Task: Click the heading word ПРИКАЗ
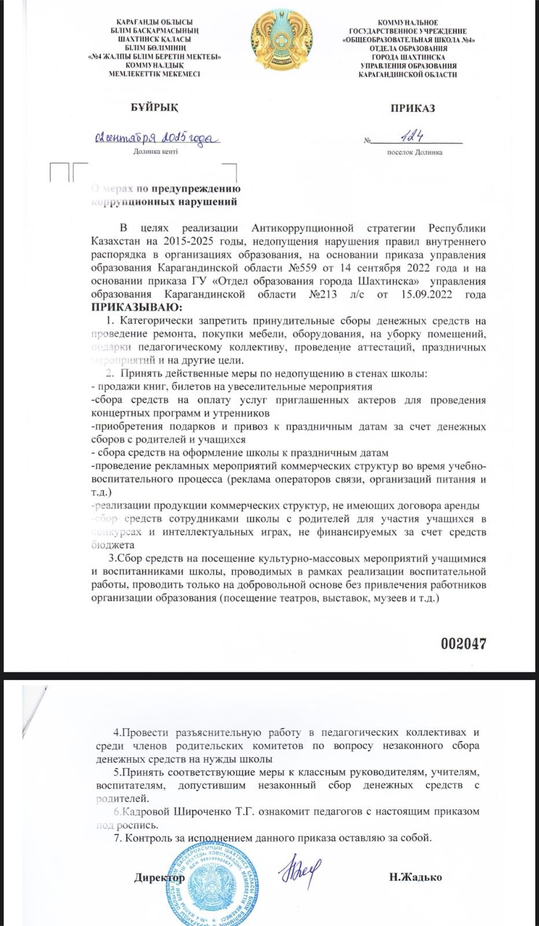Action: (412, 108)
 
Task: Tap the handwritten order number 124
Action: (415, 137)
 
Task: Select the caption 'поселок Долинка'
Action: (415, 152)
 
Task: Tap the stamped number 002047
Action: (463, 643)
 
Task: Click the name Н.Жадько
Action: (415, 877)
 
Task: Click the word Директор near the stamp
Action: (160, 877)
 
